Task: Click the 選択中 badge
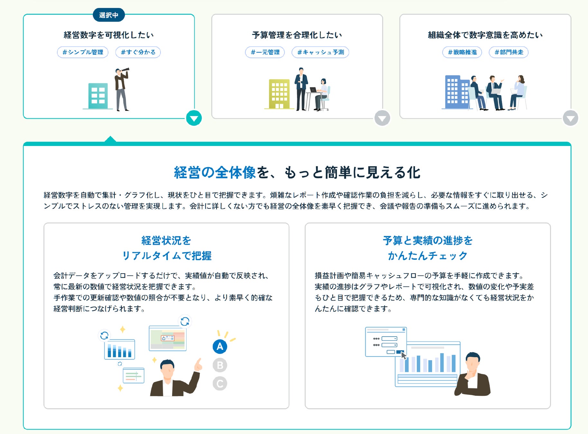click(x=109, y=15)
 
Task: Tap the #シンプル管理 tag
click(x=83, y=52)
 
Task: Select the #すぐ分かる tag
click(x=138, y=52)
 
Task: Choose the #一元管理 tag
click(x=265, y=52)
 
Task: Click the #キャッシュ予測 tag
click(x=320, y=52)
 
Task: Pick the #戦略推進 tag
click(x=462, y=52)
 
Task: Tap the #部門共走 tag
click(x=509, y=52)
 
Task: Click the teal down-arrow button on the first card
click(x=194, y=118)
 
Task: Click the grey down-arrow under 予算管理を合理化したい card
click(x=382, y=118)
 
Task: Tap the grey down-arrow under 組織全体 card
click(x=570, y=118)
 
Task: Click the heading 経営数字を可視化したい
click(x=109, y=35)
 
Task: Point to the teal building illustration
click(x=98, y=96)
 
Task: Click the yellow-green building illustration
click(x=279, y=94)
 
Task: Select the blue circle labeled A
click(x=220, y=347)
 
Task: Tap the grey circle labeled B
click(x=220, y=365)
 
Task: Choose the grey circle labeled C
click(x=220, y=384)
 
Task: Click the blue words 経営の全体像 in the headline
click(x=215, y=173)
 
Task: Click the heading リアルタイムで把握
click(x=167, y=256)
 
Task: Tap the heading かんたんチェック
click(x=427, y=256)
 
